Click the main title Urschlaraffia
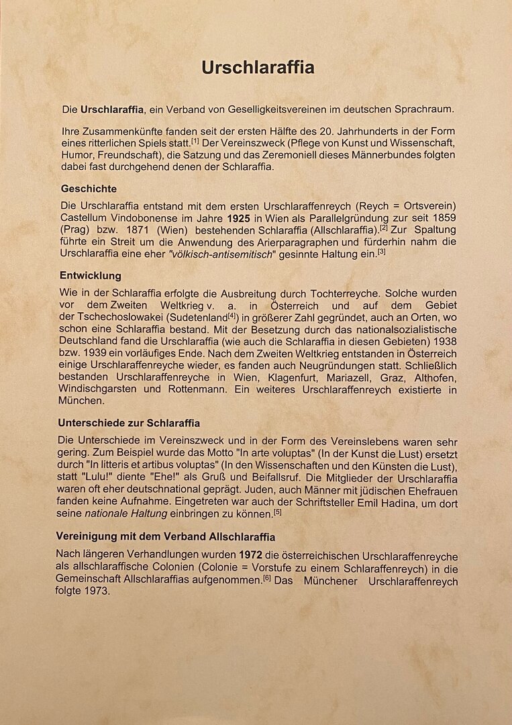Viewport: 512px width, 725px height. (x=258, y=68)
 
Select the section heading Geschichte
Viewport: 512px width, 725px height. (x=89, y=189)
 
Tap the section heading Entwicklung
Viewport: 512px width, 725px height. (x=91, y=276)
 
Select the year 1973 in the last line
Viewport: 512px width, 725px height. (x=96, y=592)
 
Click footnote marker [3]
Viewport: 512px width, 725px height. (x=381, y=251)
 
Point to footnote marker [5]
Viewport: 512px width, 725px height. (x=277, y=512)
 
